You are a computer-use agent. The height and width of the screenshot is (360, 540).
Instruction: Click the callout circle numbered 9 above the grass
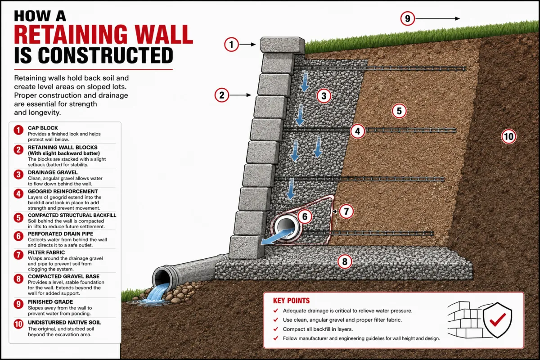click(407, 18)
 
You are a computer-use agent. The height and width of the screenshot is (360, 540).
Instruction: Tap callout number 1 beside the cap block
click(231, 45)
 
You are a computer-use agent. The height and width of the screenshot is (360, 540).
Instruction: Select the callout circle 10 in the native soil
click(508, 136)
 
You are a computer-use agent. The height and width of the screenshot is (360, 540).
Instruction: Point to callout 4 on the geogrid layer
click(357, 131)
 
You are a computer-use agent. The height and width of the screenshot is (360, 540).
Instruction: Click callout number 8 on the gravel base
click(345, 261)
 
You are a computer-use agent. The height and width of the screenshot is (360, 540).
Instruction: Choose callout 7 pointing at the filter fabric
click(346, 211)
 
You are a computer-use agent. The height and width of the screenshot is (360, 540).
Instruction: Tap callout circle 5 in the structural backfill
click(399, 111)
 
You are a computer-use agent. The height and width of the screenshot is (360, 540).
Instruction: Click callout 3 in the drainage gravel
click(324, 96)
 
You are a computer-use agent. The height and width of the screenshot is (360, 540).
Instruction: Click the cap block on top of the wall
click(283, 45)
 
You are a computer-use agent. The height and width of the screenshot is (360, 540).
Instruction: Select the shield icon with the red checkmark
click(498, 320)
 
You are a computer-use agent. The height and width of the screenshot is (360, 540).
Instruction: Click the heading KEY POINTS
click(291, 301)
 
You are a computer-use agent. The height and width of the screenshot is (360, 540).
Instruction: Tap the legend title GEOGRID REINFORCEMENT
click(63, 191)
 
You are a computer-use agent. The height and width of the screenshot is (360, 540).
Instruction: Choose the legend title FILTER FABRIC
click(46, 252)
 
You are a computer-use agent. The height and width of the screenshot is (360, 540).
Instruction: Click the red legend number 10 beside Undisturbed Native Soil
click(18, 324)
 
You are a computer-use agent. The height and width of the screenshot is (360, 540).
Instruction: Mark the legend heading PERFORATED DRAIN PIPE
click(60, 234)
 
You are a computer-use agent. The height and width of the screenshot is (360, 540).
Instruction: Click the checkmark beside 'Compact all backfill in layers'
click(276, 329)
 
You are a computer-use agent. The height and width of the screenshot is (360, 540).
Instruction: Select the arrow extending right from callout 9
click(437, 18)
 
